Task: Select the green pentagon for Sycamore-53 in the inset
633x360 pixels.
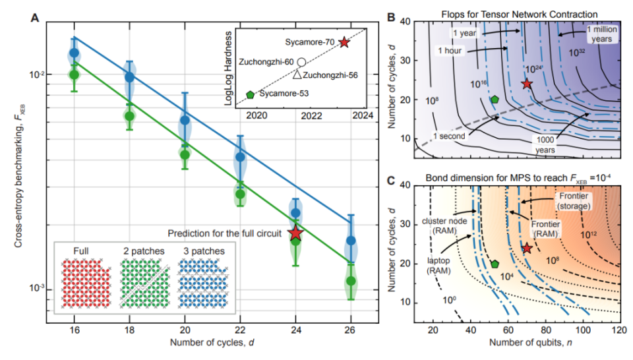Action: [x=251, y=94]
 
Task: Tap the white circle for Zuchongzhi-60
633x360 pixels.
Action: [x=301, y=62]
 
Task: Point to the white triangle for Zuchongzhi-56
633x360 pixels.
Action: [x=297, y=75]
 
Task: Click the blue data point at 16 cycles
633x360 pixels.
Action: [x=75, y=53]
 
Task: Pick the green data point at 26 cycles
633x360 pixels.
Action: [x=351, y=281]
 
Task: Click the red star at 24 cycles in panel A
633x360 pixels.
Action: [x=295, y=233]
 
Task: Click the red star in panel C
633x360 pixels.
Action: [x=526, y=249]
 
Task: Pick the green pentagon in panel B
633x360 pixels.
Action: [x=495, y=100]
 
